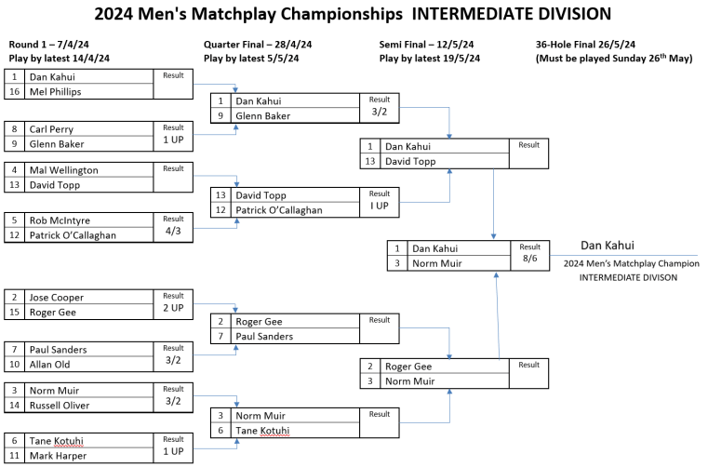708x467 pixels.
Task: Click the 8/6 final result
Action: point(529,258)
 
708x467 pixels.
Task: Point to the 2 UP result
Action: point(174,307)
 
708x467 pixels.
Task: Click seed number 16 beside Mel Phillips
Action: point(15,92)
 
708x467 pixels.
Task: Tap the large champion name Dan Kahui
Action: point(608,246)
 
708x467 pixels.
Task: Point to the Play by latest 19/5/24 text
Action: point(430,58)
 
